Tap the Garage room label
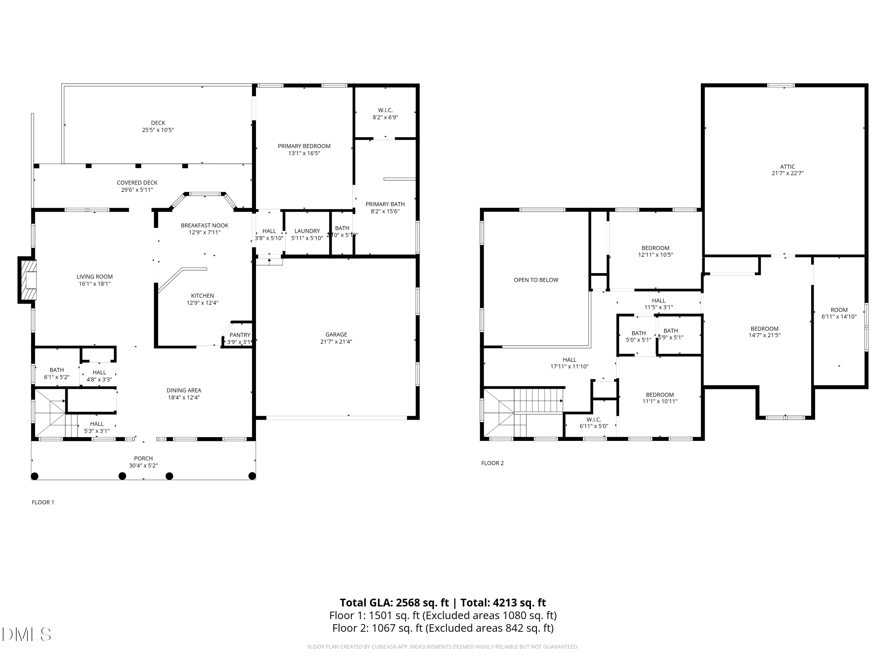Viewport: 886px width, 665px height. [x=336, y=334]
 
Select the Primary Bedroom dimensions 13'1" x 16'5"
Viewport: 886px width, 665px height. [x=304, y=153]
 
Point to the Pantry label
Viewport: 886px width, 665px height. [x=240, y=335]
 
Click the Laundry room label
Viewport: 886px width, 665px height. [x=307, y=231]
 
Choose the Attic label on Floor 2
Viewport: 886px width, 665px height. [x=787, y=166]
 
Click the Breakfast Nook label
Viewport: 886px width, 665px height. [x=204, y=225]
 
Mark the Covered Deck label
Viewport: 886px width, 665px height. [x=137, y=182]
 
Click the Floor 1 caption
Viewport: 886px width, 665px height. [x=43, y=502]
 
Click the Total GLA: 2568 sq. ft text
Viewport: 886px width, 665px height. [x=394, y=602]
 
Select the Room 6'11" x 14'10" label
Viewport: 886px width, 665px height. [x=839, y=313]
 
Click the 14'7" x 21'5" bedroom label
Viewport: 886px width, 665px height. [x=764, y=332]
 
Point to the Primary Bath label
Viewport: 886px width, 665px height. [x=385, y=204]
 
